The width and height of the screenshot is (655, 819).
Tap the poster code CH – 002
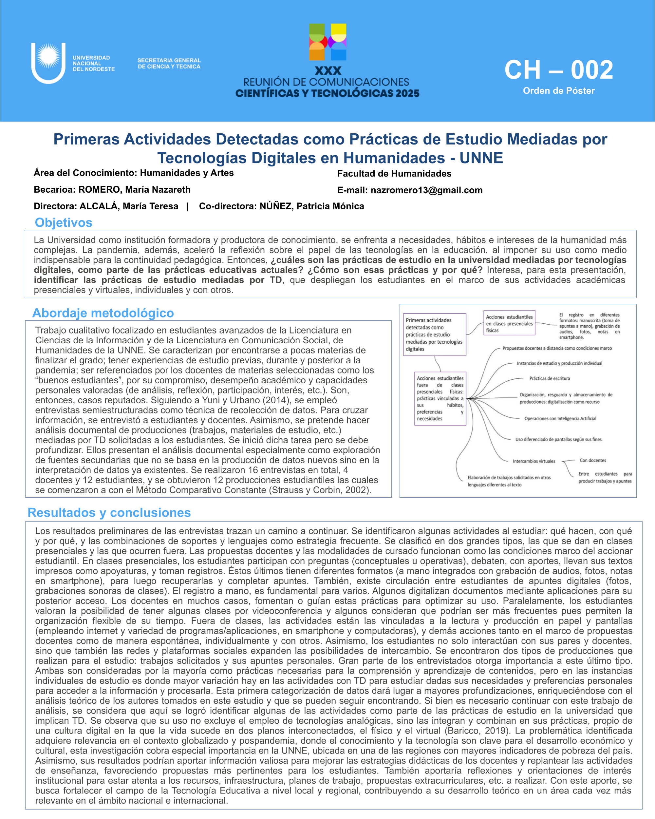coord(559,70)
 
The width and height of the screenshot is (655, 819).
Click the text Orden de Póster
coord(559,91)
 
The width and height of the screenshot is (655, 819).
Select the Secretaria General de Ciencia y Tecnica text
coord(169,64)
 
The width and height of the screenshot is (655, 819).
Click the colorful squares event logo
coord(328,42)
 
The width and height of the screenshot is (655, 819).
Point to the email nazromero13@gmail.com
coord(426,190)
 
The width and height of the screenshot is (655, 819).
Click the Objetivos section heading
coord(64,222)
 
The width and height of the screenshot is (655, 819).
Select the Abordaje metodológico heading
coord(103,313)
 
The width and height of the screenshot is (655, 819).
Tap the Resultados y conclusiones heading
coord(109,512)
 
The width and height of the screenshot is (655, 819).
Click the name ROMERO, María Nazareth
coord(134,190)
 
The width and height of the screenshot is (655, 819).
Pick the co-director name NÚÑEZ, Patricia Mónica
coord(311,206)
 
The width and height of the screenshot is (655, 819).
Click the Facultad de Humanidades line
coord(394,174)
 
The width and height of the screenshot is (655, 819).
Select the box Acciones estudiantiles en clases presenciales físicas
coord(509,323)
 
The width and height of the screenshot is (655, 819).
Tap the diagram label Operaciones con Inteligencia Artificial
coord(560,419)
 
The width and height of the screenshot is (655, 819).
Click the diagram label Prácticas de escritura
coord(550,378)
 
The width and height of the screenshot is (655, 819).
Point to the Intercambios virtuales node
coord(534,461)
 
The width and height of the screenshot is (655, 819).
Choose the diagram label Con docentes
coord(593,460)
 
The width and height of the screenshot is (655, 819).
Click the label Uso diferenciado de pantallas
coord(558,440)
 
